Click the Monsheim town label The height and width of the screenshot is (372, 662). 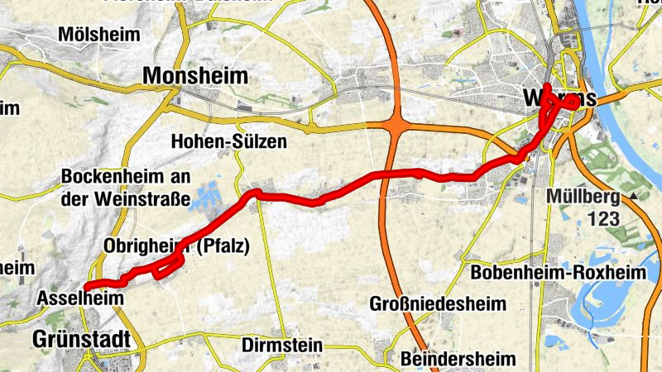point(195,76)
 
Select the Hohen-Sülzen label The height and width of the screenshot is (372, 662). point(229,142)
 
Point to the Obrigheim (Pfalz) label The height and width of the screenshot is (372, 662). point(176,246)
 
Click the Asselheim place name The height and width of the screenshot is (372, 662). point(79,297)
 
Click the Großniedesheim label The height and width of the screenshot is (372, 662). point(437,304)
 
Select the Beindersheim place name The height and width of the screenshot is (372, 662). point(458,359)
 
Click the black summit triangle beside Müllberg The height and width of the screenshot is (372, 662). point(634,196)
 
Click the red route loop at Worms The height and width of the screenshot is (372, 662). point(572,102)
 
